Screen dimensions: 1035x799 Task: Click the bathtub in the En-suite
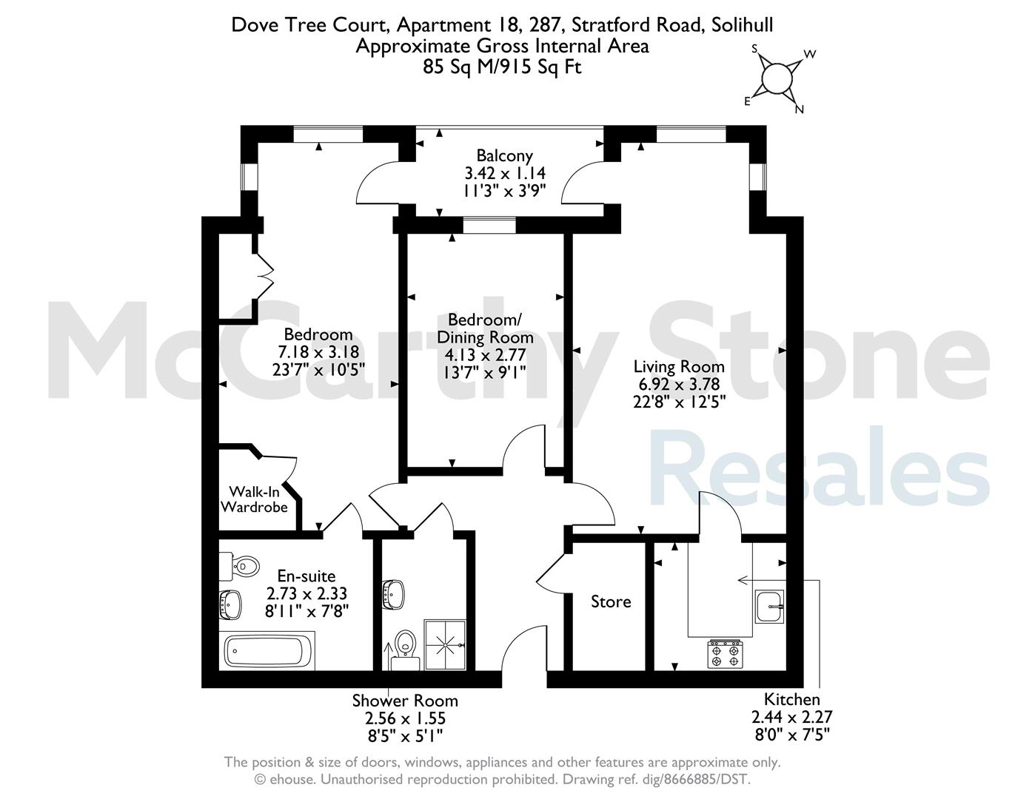[x=267, y=651]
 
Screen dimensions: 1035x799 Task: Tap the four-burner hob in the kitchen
[x=725, y=654]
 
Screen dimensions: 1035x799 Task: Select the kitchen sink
[x=769, y=606]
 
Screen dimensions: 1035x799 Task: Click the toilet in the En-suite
[x=239, y=566]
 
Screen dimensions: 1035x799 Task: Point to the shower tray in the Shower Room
[x=445, y=644]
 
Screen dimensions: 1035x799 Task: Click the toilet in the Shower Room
[x=405, y=650]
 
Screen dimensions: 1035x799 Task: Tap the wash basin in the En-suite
[x=230, y=604]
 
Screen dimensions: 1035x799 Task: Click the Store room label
[x=611, y=602]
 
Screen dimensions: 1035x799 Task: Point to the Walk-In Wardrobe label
[x=255, y=499]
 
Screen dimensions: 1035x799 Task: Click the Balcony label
[x=504, y=155]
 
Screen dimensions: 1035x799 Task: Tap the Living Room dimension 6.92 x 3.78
[x=679, y=384]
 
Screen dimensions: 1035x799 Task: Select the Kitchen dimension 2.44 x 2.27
[x=791, y=717]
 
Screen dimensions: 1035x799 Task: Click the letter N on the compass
[x=800, y=109]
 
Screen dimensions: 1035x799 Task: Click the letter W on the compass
[x=810, y=54]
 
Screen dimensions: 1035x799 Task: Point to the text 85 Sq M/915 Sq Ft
[x=502, y=67]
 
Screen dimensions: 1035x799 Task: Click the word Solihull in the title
[x=742, y=24]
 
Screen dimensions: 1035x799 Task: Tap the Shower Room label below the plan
[x=405, y=701]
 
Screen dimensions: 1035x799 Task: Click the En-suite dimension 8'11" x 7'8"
[x=307, y=611]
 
